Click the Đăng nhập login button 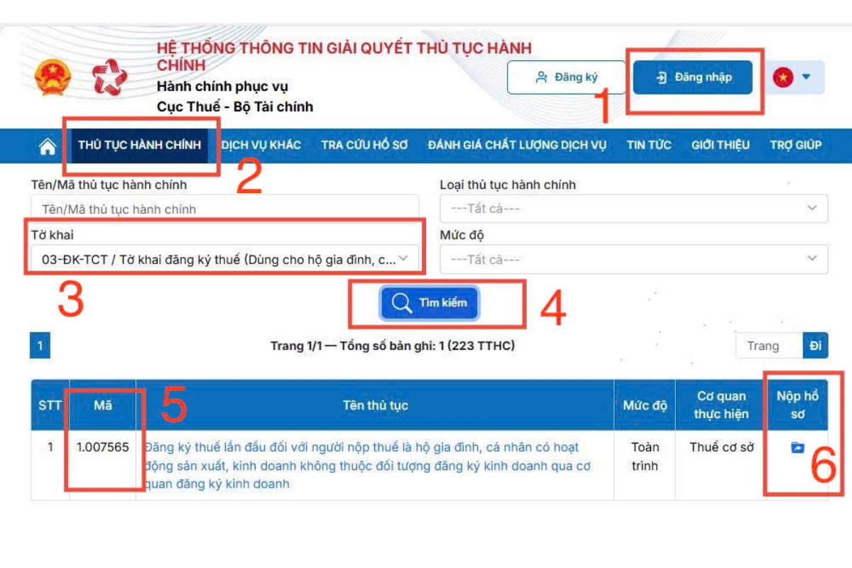click(x=693, y=77)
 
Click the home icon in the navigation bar click(x=48, y=146)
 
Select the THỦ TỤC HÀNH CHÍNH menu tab click(x=140, y=145)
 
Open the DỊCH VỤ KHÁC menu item click(x=261, y=145)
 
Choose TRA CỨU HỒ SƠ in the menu click(x=364, y=145)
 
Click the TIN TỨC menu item click(x=649, y=145)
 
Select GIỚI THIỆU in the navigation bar click(x=721, y=145)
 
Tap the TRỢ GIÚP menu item click(x=796, y=145)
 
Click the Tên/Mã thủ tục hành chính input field click(x=224, y=209)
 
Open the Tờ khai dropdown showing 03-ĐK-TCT click(x=224, y=259)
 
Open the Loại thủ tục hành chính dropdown click(x=633, y=209)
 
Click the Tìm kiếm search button click(x=430, y=303)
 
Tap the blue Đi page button click(x=815, y=346)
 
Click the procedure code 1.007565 click(x=103, y=447)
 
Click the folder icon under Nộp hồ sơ click(x=797, y=448)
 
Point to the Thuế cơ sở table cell click(x=721, y=447)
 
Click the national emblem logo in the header click(x=53, y=77)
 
